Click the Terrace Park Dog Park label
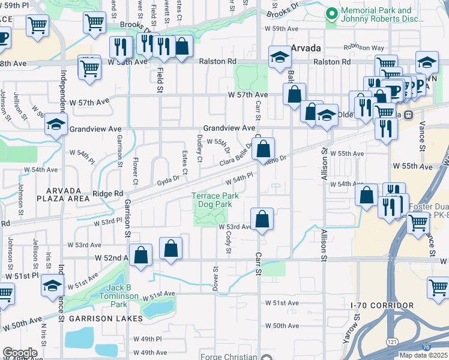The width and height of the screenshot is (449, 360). coord(215,200)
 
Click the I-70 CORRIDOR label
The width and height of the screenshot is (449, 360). coord(382,305)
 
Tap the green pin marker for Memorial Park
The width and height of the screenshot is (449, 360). coord(331,14)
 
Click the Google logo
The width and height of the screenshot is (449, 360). coord(20,353)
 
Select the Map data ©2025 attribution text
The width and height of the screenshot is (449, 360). coord(424,355)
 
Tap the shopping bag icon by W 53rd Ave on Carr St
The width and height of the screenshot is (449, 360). coord(262,220)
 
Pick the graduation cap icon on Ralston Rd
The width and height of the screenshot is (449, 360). coord(280,58)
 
